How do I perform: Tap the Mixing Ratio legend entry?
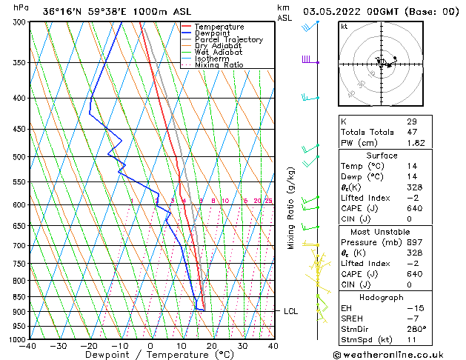(219, 65)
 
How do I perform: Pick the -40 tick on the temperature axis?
(27, 346)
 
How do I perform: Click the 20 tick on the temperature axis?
(212, 346)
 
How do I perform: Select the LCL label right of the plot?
(290, 311)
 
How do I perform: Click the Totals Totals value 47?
(412, 132)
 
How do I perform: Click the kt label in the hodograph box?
(344, 26)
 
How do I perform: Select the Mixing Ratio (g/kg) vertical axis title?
(291, 208)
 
